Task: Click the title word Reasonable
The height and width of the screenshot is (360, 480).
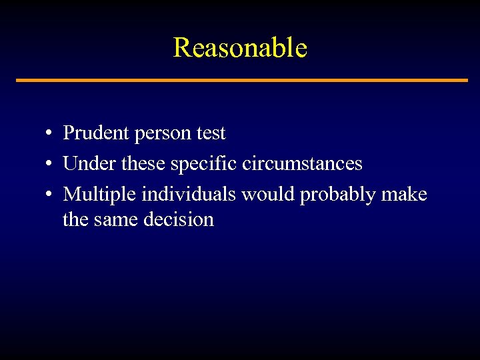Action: click(240, 48)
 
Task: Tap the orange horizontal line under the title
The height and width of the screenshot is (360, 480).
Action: click(241, 81)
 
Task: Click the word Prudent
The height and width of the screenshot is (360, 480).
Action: click(96, 133)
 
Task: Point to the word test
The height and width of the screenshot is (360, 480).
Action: click(211, 133)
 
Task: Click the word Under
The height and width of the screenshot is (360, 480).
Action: click(88, 164)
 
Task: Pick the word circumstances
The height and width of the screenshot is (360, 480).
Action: click(303, 164)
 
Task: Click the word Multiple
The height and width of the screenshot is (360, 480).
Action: click(101, 195)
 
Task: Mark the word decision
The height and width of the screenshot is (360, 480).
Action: click(179, 220)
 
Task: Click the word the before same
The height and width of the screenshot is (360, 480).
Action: click(75, 220)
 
